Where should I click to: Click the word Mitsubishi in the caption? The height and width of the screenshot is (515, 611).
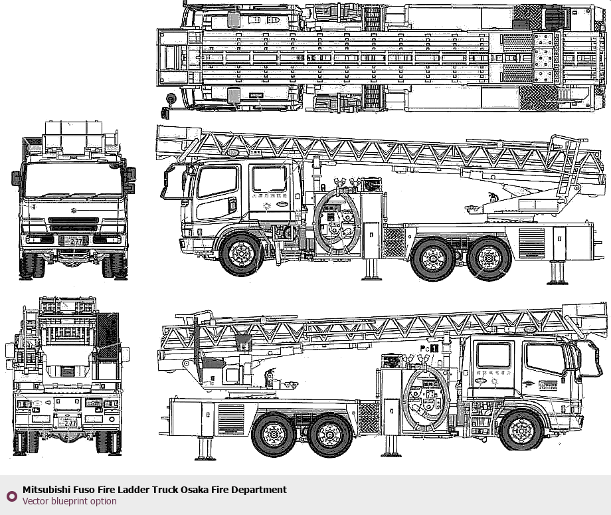click(x=46, y=490)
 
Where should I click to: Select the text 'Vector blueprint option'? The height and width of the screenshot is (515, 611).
click(x=69, y=501)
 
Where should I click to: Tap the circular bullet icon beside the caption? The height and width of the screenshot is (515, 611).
click(x=11, y=496)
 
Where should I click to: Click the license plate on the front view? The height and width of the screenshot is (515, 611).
click(x=74, y=241)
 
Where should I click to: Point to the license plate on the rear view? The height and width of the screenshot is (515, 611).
click(x=68, y=421)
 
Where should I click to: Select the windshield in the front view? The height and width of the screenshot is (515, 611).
click(x=73, y=179)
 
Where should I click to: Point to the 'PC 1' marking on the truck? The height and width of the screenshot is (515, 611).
click(x=429, y=348)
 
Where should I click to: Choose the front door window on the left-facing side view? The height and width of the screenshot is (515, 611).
click(x=218, y=183)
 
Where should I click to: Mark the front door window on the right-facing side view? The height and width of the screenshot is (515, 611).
click(x=545, y=359)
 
